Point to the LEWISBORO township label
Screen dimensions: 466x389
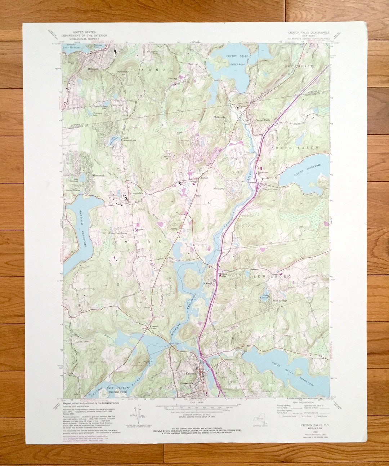point(267,276)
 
